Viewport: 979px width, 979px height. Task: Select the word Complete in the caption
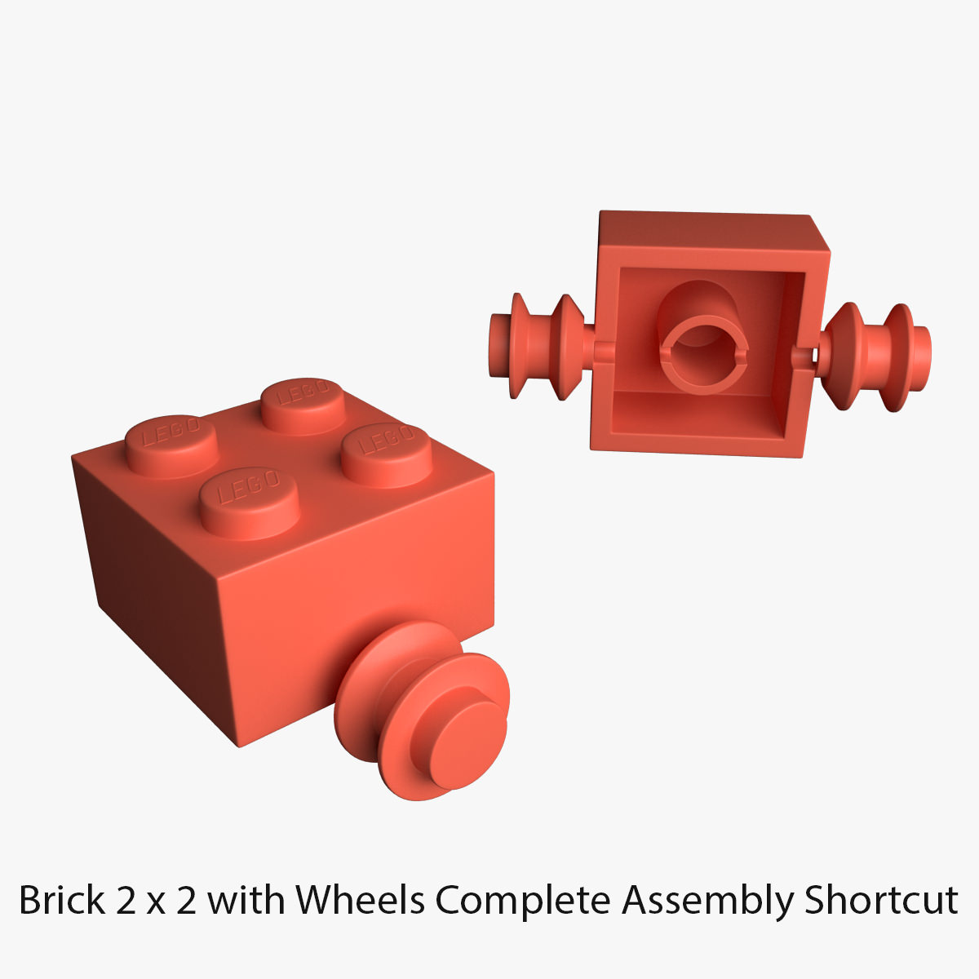pyautogui.click(x=522, y=901)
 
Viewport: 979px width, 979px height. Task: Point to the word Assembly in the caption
pyautogui.click(x=707, y=901)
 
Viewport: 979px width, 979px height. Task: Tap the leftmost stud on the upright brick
pyautogui.click(x=171, y=445)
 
